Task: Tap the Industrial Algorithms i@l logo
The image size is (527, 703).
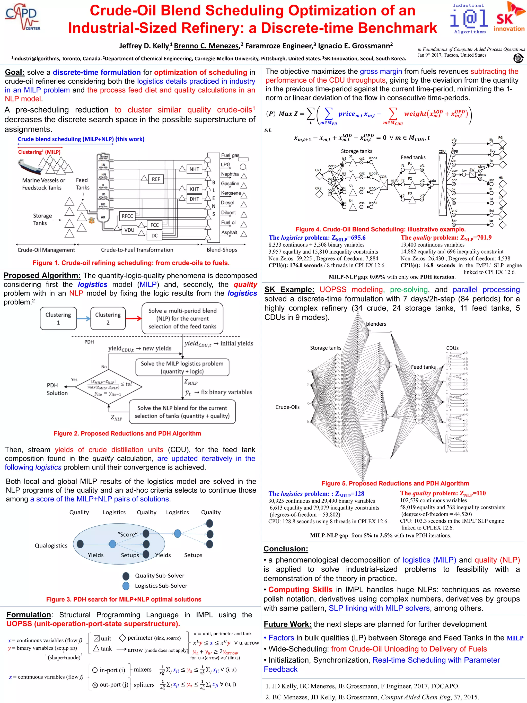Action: point(469,19)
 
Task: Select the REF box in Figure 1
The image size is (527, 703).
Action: point(156,179)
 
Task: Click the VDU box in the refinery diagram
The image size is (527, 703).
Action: point(129,230)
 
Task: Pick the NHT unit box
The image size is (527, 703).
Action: point(194,169)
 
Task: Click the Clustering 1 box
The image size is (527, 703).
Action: point(58,318)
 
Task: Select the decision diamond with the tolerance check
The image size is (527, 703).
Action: point(108,387)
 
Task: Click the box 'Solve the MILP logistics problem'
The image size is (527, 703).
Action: point(182,367)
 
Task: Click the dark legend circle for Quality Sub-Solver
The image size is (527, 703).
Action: point(126,576)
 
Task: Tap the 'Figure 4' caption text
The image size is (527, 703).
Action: point(380,229)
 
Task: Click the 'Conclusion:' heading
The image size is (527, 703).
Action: point(286,549)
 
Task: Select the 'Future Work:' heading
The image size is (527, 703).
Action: point(287,624)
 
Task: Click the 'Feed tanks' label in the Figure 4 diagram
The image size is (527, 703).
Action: point(413,157)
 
